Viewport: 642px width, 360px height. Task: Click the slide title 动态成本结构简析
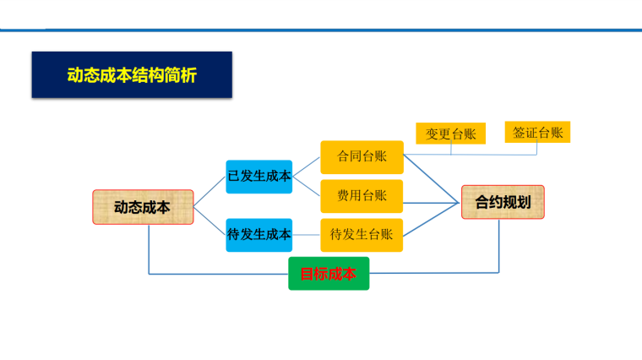pyautogui.click(x=132, y=75)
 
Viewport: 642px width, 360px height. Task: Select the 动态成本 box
pyautogui.click(x=143, y=207)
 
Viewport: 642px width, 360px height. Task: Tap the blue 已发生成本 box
pyautogui.click(x=259, y=177)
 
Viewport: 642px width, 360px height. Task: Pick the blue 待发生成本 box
pyautogui.click(x=259, y=234)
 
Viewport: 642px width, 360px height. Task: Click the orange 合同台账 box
pyautogui.click(x=362, y=157)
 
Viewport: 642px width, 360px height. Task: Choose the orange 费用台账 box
pyautogui.click(x=362, y=195)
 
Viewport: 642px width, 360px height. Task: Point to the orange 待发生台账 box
pyautogui.click(x=362, y=234)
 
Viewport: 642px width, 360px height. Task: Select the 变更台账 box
pyautogui.click(x=450, y=134)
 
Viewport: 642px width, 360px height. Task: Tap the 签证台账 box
pyautogui.click(x=536, y=132)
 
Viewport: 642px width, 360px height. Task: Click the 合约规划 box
pyautogui.click(x=503, y=203)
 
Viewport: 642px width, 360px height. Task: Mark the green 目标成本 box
pyautogui.click(x=329, y=274)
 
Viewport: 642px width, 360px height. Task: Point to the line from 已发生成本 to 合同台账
pyautogui.click(x=307, y=166)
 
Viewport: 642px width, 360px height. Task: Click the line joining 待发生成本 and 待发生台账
pyautogui.click(x=307, y=234)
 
